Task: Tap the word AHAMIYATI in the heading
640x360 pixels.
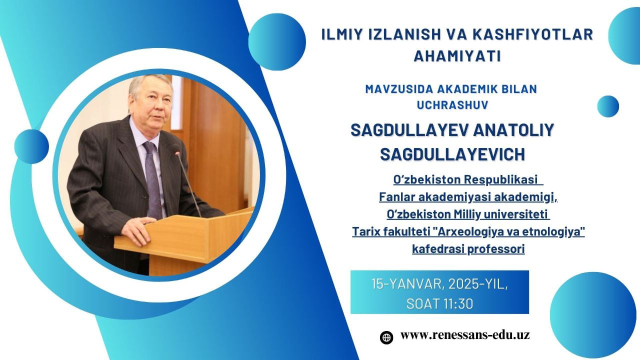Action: coord(457,56)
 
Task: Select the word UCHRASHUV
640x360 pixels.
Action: coord(452,105)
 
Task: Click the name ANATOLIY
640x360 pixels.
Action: coord(513,130)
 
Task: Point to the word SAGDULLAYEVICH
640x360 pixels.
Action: coord(452,154)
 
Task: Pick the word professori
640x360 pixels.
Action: coord(495,249)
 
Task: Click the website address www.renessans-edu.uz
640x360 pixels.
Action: coord(465,335)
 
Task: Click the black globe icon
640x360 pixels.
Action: coord(386,337)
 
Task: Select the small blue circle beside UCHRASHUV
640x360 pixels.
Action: coord(608,106)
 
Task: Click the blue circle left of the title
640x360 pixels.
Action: coord(277,42)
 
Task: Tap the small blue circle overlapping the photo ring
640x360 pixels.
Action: coord(31,146)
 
